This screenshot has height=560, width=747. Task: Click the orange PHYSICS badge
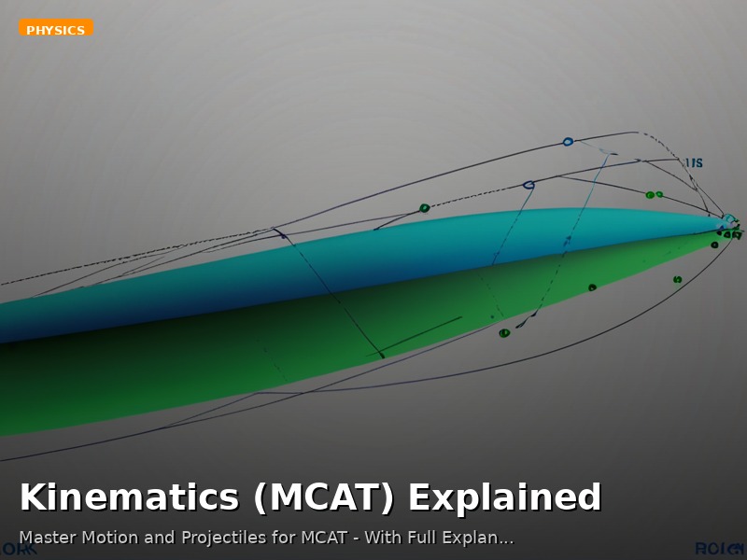point(56,30)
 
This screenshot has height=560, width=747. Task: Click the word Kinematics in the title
point(129,497)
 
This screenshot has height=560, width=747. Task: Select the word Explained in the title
point(504,497)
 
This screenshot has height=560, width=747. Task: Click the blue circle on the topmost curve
point(568,142)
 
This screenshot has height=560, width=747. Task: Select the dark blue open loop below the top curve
point(529,185)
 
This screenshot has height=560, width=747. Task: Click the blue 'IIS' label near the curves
point(694,163)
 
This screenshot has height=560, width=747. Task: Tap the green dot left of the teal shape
point(425,208)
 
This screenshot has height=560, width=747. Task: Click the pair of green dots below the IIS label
point(654,195)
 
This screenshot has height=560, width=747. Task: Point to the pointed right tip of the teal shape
point(728,222)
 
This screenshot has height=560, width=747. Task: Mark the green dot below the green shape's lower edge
point(504,332)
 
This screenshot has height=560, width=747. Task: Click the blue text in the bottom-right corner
point(720,549)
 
